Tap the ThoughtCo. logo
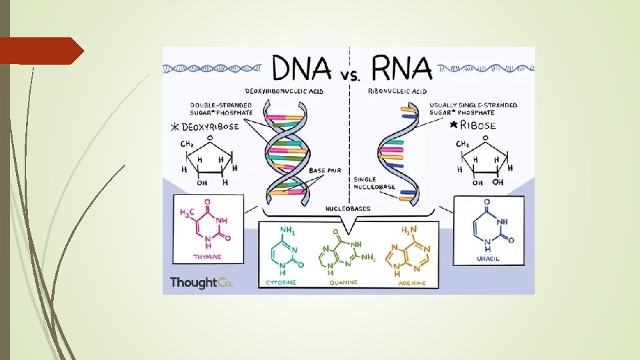tap(201, 283)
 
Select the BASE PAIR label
tap(325, 171)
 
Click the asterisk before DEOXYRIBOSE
tap(173, 127)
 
